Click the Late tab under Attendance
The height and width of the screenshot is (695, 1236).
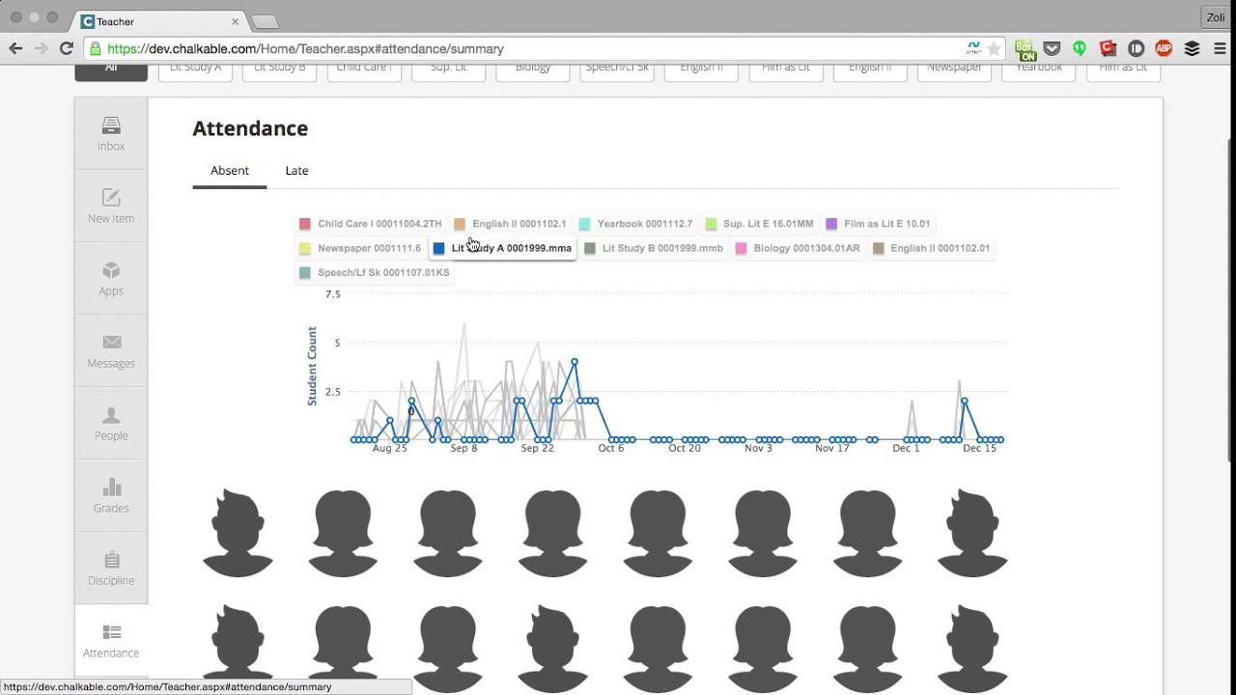(x=296, y=171)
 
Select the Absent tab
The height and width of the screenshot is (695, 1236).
(x=230, y=171)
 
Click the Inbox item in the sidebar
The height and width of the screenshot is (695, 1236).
(x=111, y=133)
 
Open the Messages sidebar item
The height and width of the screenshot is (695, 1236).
(x=111, y=350)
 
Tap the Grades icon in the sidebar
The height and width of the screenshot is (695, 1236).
(x=111, y=495)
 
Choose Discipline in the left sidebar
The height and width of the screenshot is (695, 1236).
(x=111, y=568)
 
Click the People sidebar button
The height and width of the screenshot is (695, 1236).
(x=111, y=423)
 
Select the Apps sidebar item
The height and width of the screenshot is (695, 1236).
(x=111, y=278)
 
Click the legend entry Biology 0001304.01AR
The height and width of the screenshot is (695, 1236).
(x=798, y=248)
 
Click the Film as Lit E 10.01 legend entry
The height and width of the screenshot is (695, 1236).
(x=878, y=224)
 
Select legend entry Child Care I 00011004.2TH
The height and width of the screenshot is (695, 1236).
(x=371, y=224)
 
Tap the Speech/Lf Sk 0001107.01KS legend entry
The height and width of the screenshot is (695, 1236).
(x=375, y=272)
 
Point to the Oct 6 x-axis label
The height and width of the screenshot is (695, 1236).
(x=611, y=448)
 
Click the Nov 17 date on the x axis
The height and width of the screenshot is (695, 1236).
(x=831, y=448)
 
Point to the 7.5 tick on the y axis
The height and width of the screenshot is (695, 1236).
(x=332, y=294)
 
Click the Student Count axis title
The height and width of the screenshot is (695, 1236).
(x=312, y=366)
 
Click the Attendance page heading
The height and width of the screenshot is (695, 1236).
(x=250, y=128)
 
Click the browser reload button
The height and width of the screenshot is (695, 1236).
(x=67, y=48)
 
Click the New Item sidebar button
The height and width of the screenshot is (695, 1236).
(x=111, y=206)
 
